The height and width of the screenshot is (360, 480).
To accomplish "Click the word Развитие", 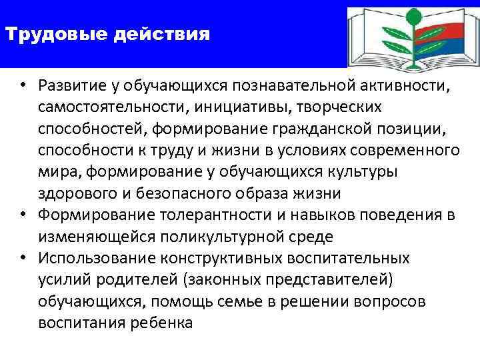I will (69, 86).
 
